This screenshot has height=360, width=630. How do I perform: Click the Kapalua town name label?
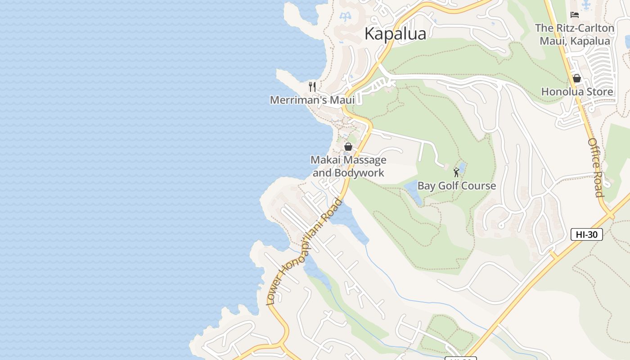coord(395,34)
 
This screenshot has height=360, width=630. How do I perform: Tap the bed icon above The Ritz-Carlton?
coord(575,15)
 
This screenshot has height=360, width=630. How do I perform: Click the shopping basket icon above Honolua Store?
coord(577,78)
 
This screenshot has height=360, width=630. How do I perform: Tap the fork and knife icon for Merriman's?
coord(312,86)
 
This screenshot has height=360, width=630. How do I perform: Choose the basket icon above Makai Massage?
coord(348,147)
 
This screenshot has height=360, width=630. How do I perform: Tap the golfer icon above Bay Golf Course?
coord(457,172)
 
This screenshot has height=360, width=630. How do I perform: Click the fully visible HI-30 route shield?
coord(586,234)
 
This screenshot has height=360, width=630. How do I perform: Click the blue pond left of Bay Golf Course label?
coord(412,191)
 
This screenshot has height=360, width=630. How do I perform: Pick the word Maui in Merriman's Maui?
coord(342,100)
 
